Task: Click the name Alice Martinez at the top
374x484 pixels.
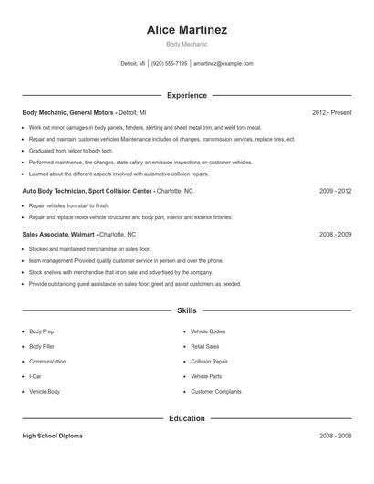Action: point(186,30)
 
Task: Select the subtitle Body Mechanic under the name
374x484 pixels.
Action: point(186,44)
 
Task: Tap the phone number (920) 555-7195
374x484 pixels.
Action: point(169,64)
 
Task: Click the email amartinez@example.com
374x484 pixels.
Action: point(223,64)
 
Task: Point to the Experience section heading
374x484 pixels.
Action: point(186,95)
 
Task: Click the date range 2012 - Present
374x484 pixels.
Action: point(331,112)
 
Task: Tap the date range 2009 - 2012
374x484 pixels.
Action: point(335,192)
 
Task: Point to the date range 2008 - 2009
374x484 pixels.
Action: point(335,234)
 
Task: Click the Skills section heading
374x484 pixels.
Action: point(186,311)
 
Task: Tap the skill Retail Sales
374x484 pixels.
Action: point(205,346)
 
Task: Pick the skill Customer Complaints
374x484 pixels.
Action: point(215,391)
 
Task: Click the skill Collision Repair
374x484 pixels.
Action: point(209,361)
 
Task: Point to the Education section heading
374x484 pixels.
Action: point(186,418)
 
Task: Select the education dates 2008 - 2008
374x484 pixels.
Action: point(335,436)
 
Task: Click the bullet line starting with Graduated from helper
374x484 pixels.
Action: point(70,150)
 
